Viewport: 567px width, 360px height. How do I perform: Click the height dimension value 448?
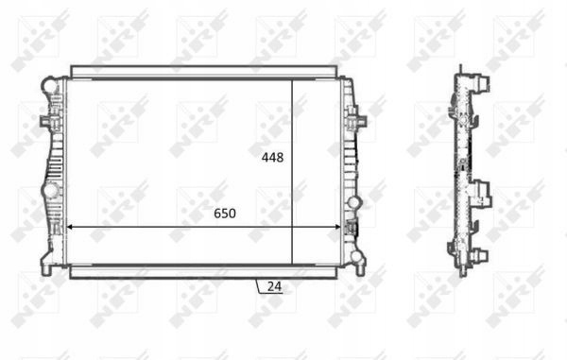point(273,158)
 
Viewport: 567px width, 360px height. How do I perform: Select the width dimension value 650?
point(225,214)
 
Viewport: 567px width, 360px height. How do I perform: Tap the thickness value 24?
point(274,286)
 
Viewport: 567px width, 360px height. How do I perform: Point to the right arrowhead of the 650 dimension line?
point(337,227)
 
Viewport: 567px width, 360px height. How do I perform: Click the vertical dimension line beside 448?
point(292,172)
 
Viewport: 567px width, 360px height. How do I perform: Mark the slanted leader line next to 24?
point(258,286)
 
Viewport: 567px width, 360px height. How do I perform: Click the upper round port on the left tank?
point(51,86)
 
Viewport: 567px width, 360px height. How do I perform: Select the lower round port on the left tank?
point(51,191)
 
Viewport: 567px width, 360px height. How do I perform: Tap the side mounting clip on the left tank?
point(46,121)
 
